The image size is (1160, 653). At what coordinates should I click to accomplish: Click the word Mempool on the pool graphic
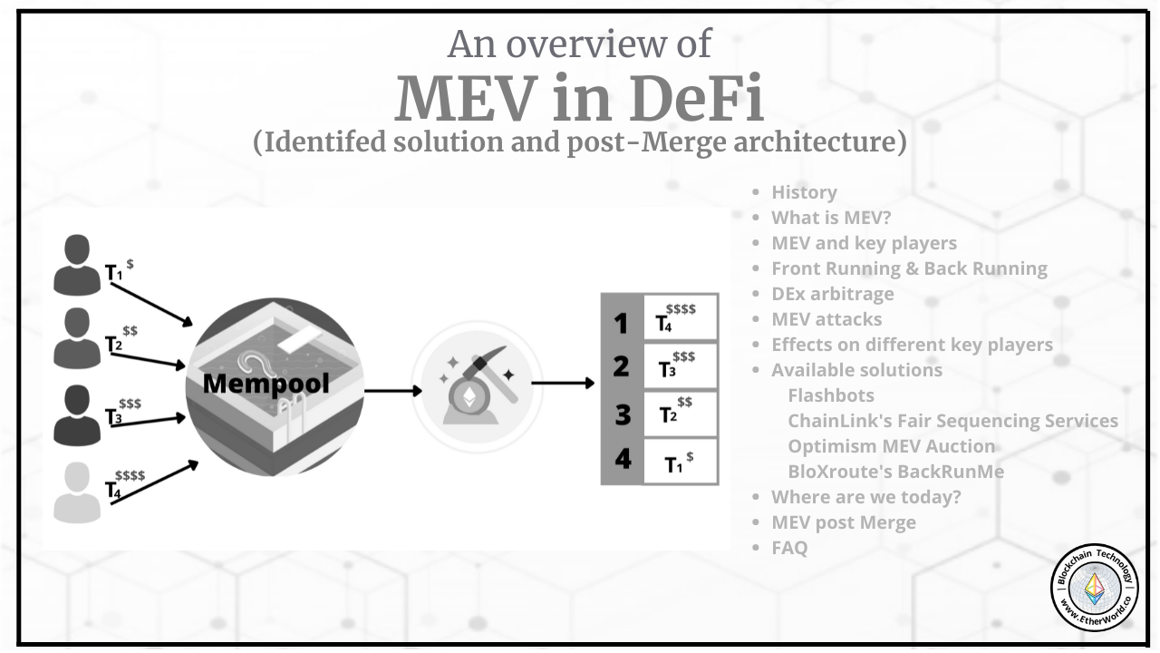tap(266, 384)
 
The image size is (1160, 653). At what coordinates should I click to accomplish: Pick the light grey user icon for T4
tap(77, 492)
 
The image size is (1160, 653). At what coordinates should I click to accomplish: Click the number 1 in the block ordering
tap(621, 322)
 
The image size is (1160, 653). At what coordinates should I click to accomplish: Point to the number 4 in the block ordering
tap(623, 459)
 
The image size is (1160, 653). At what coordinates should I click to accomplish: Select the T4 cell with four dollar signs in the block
tap(681, 317)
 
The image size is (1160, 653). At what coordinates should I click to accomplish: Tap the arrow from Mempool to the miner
tap(393, 391)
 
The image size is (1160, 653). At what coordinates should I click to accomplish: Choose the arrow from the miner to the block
tap(563, 384)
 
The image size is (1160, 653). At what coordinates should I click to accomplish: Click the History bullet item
tap(804, 192)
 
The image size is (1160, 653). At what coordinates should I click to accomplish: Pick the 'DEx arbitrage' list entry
tap(832, 294)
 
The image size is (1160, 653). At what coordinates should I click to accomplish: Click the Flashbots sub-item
tap(831, 395)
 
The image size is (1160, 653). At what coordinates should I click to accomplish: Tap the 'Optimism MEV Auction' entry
tap(891, 446)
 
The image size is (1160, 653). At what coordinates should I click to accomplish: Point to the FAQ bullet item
tap(789, 548)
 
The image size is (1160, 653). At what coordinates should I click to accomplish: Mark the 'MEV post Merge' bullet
tap(843, 522)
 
